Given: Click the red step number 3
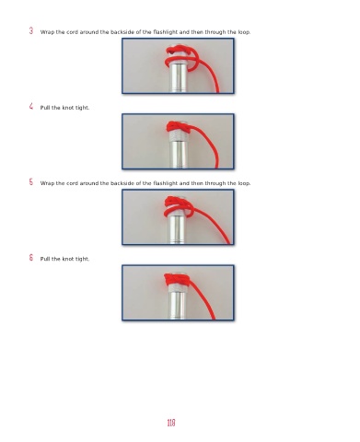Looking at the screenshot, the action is pyautogui.click(x=31, y=30).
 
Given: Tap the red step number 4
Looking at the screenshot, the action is pyautogui.click(x=31, y=107).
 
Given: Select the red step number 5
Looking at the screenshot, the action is pyautogui.click(x=31, y=182).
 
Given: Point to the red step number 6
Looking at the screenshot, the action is pyautogui.click(x=31, y=258).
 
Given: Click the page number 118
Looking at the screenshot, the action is pyautogui.click(x=171, y=423).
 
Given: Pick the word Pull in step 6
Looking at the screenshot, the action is pyautogui.click(x=45, y=259).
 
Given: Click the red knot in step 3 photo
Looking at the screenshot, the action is pyautogui.click(x=181, y=58).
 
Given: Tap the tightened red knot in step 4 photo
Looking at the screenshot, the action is pyautogui.click(x=179, y=127).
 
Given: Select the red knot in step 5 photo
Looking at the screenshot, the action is pyautogui.click(x=180, y=206).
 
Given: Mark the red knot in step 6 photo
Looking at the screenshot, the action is pyautogui.click(x=177, y=279).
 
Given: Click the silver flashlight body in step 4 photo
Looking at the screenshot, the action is pyautogui.click(x=178, y=151).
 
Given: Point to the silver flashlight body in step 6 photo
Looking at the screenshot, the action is pyautogui.click(x=178, y=302).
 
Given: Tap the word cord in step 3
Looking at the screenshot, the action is pyautogui.click(x=72, y=32).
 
